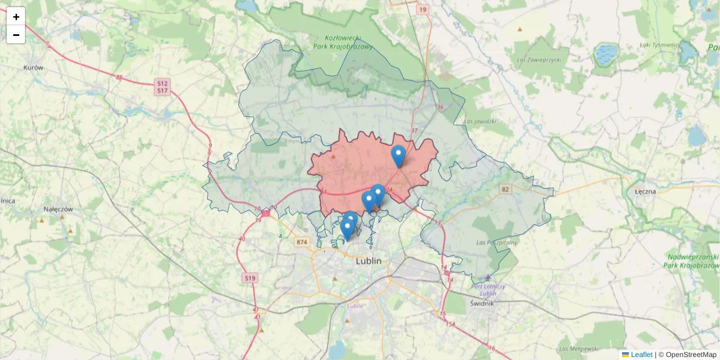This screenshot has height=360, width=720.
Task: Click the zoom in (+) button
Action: point(16,17)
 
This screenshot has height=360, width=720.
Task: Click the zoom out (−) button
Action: point(16,35)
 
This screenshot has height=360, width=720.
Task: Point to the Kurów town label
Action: point(34,68)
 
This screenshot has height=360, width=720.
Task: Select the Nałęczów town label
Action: point(58,209)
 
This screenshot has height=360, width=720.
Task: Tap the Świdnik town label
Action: point(482,303)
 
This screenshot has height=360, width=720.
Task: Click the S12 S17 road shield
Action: point(162,86)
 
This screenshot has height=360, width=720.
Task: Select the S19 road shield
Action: point(250,278)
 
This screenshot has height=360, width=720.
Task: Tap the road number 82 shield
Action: point(506,190)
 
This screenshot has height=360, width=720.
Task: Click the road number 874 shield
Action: point(301,242)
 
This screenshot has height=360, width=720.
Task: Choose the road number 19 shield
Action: point(423,10)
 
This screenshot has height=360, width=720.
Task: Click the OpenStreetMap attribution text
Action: point(690,355)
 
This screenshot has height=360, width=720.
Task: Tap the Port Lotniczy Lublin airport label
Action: point(488,289)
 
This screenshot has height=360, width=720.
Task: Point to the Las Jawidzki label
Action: point(480,121)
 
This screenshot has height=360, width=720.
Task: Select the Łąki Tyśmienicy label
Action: point(658,44)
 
